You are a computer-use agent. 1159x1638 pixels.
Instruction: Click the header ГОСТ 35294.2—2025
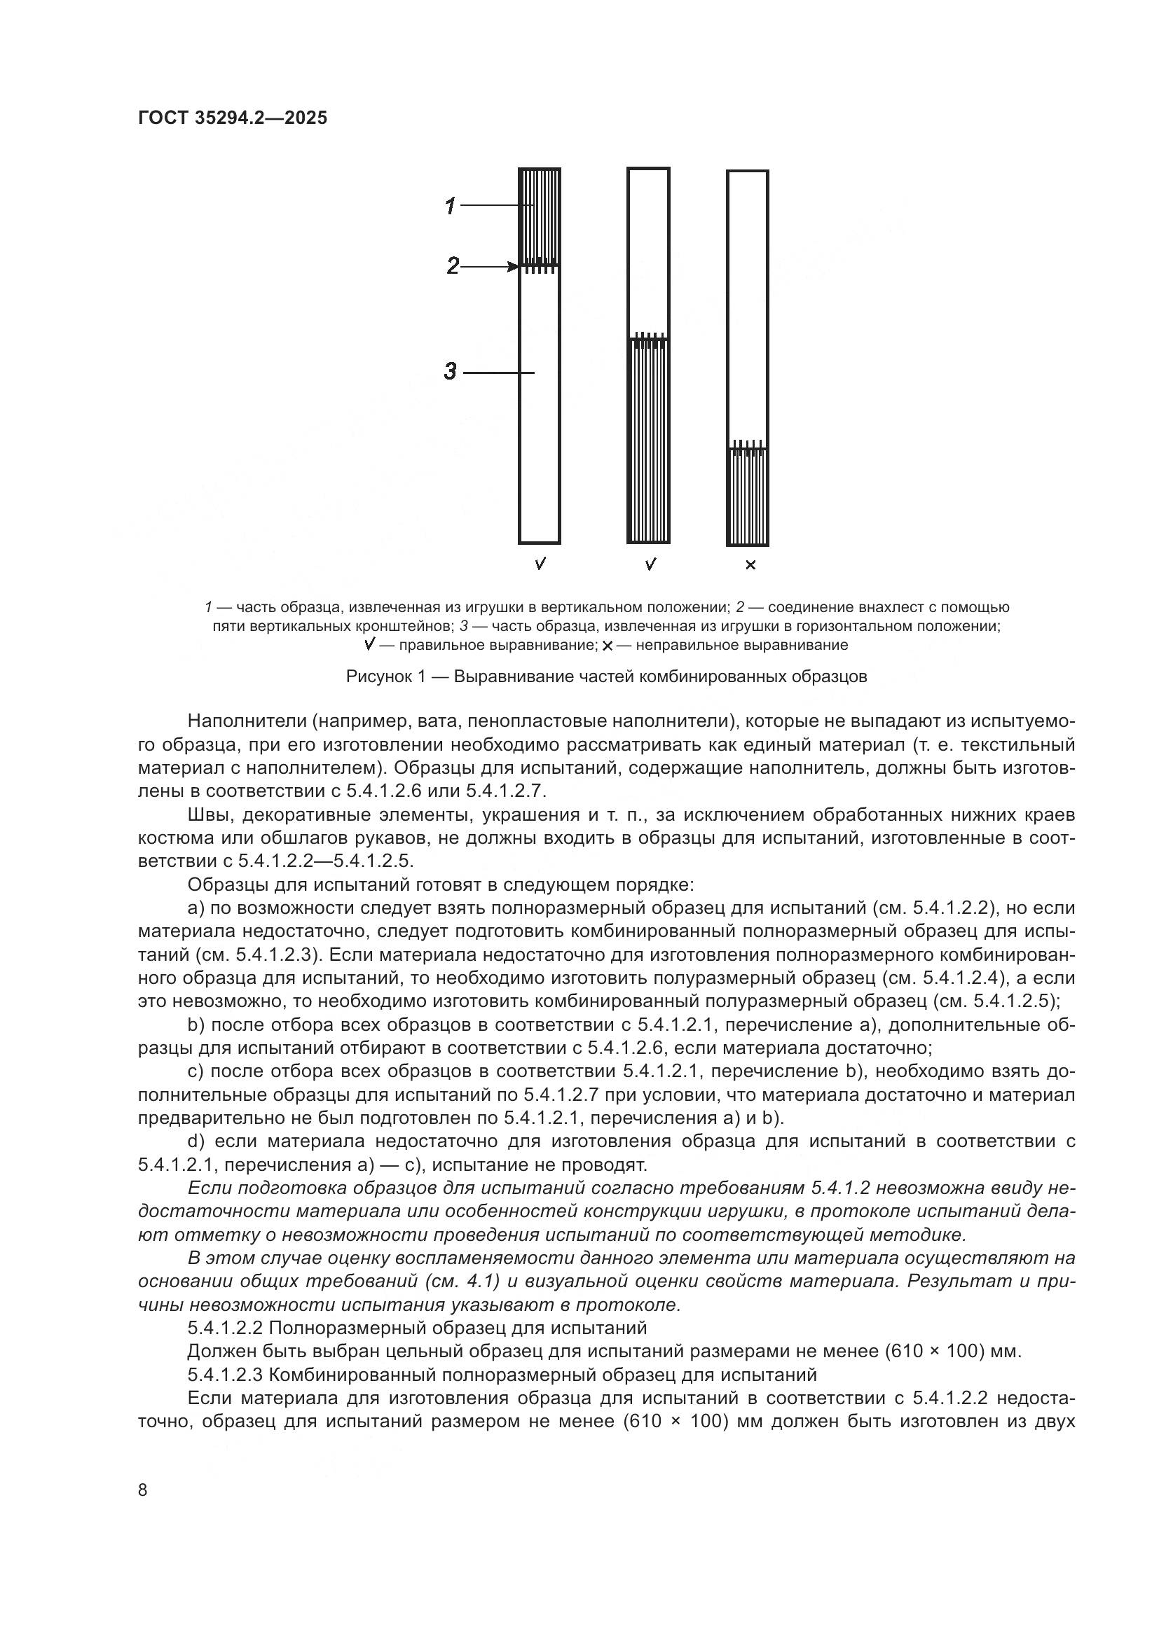click(x=233, y=118)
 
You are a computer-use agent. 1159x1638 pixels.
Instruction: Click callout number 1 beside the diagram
click(x=451, y=207)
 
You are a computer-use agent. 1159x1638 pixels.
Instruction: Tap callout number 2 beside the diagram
click(x=453, y=267)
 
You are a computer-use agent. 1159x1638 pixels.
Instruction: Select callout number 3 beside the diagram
click(x=451, y=371)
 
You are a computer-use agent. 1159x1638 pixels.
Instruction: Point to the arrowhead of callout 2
click(x=513, y=267)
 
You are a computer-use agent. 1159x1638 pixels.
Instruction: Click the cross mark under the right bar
click(x=750, y=566)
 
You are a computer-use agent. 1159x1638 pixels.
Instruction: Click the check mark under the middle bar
click(x=650, y=564)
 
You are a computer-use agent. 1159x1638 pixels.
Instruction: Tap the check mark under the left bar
click(x=540, y=564)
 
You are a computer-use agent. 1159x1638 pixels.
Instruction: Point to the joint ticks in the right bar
click(x=748, y=447)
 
